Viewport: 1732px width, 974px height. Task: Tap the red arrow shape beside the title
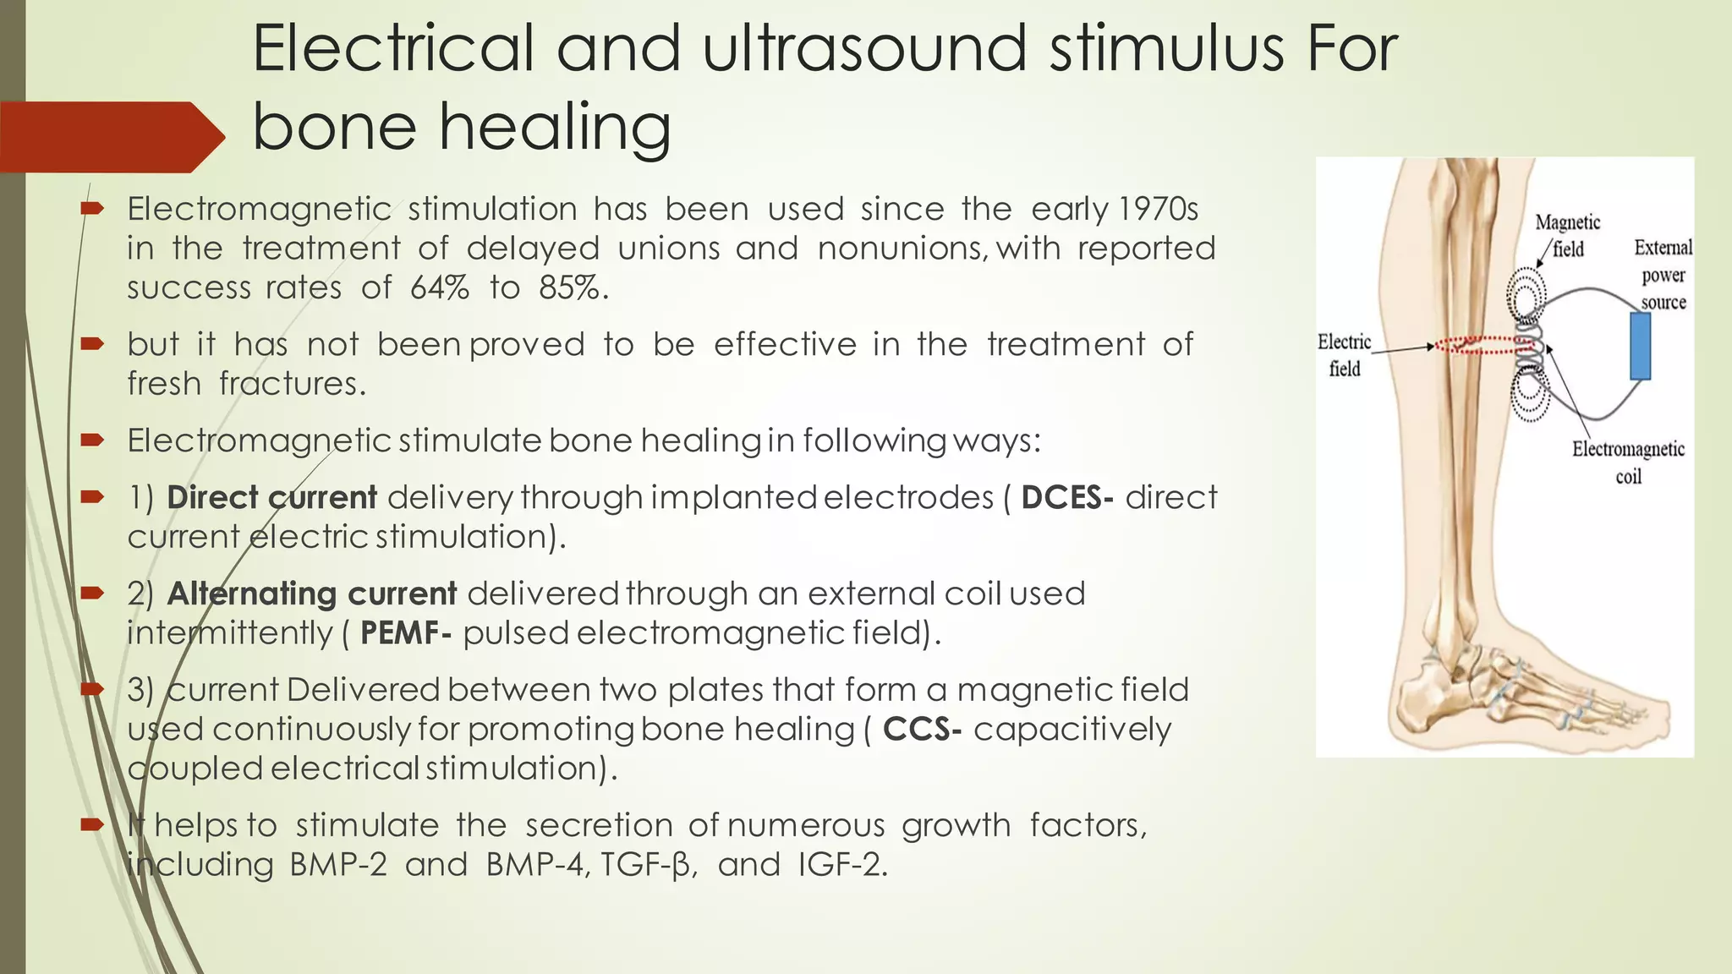[110, 137]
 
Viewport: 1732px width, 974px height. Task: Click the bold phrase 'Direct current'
[271, 497]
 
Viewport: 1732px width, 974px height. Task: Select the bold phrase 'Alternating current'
[311, 594]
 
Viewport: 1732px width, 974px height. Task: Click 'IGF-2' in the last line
[841, 865]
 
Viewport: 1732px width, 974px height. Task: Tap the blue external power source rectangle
[1641, 346]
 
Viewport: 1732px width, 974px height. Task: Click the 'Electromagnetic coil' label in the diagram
[1628, 462]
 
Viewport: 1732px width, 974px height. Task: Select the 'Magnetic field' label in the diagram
[1567, 235]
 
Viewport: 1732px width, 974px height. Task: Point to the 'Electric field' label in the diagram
[1344, 355]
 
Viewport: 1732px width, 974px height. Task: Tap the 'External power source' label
[1663, 275]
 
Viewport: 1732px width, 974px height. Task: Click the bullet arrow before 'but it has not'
[92, 343]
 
